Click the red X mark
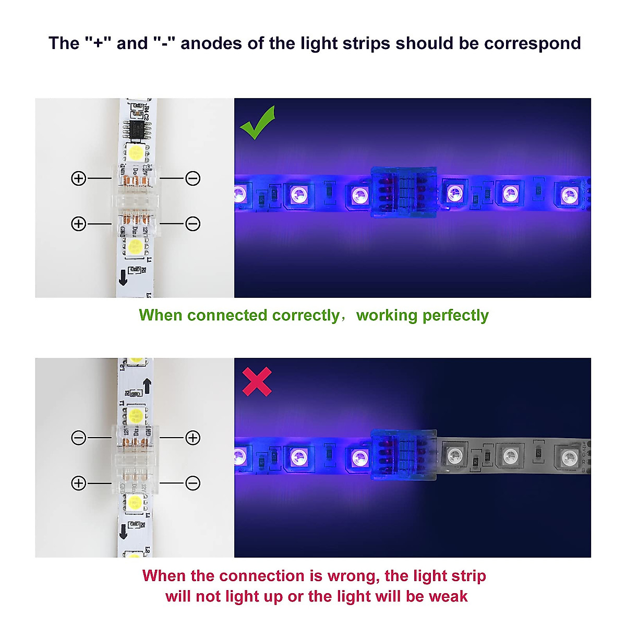[x=257, y=381]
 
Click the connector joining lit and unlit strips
[x=403, y=455]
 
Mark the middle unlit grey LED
[x=510, y=455]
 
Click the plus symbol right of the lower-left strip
[x=193, y=438]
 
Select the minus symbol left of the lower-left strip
[x=78, y=438]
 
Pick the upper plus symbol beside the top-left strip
[x=78, y=178]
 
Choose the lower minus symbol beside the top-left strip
[x=193, y=224]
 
